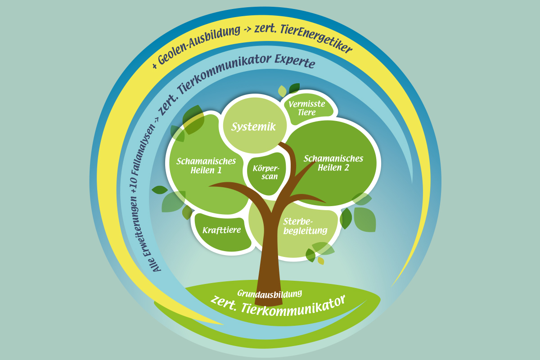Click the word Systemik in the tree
tap(253, 127)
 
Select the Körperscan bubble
tap(266, 172)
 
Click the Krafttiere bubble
tap(221, 230)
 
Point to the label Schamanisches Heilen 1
tap(206, 166)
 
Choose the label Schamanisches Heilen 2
tap(333, 163)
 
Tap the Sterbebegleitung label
tap(305, 226)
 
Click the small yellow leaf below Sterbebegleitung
tap(321, 261)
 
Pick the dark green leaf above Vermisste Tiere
tap(294, 87)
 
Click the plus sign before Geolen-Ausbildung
tap(155, 66)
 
